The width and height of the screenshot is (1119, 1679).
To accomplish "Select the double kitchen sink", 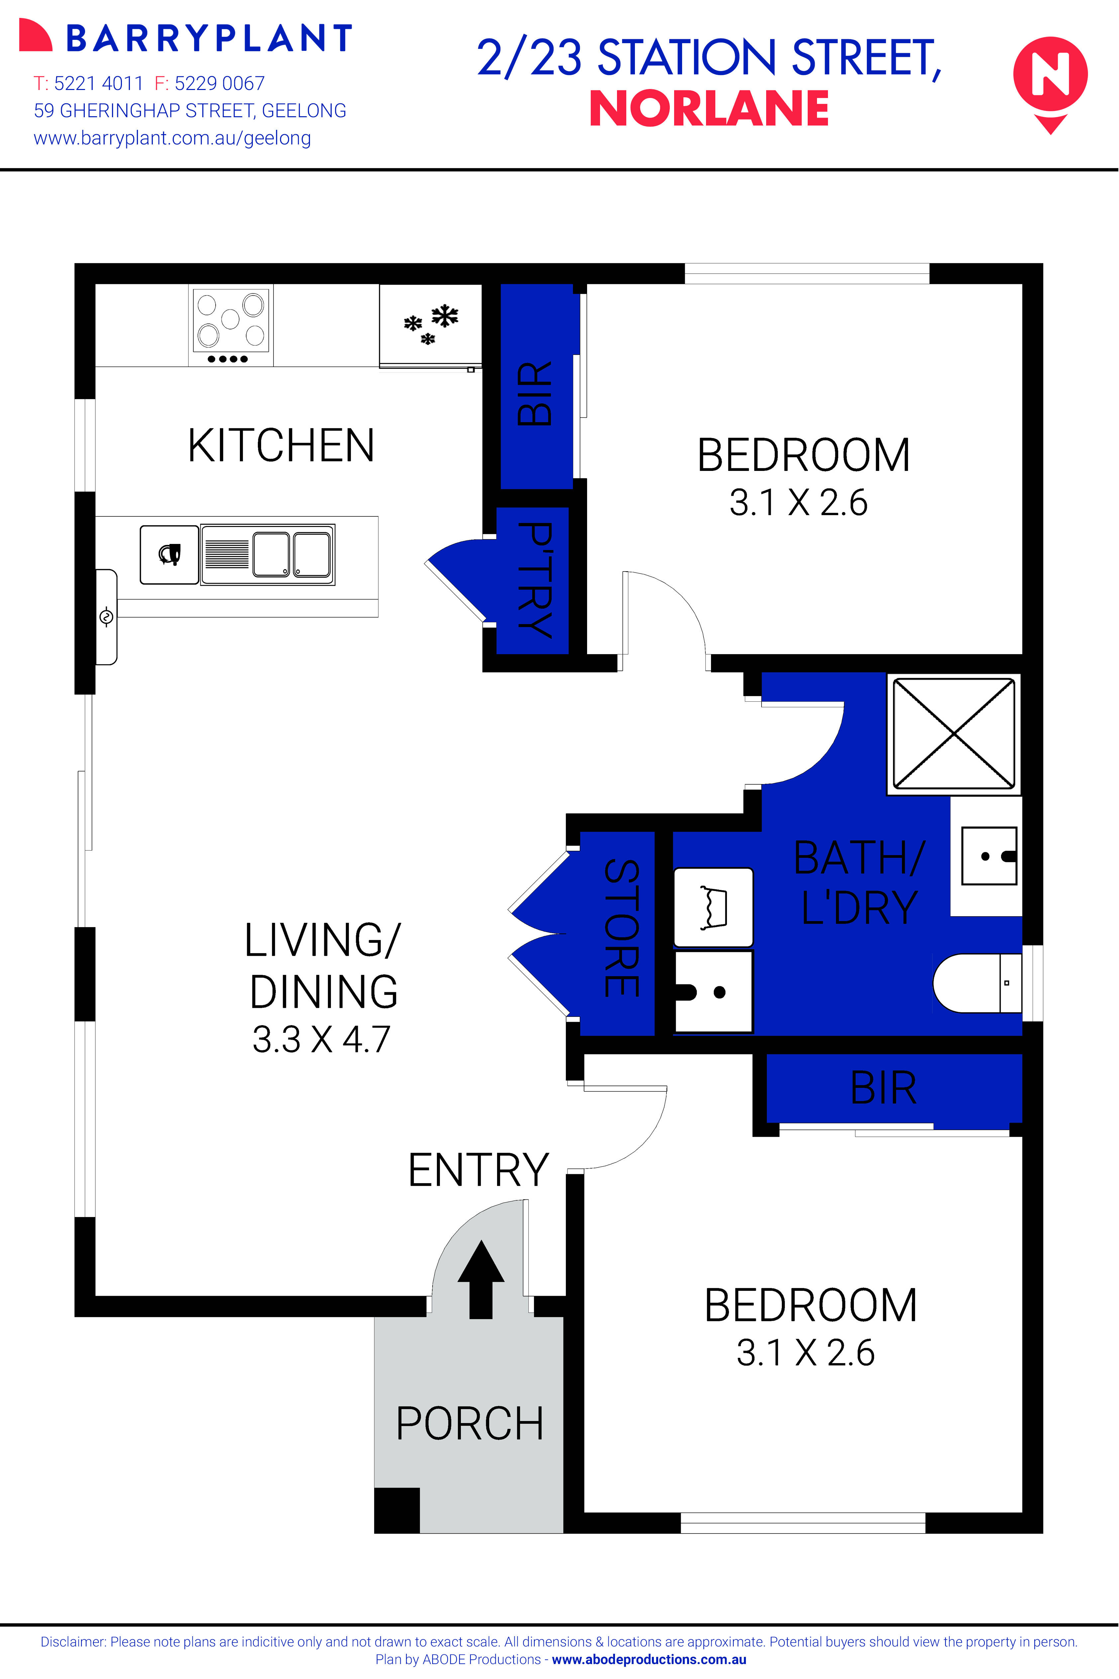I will [x=267, y=555].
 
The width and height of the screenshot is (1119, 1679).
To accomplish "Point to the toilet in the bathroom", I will [x=976, y=983].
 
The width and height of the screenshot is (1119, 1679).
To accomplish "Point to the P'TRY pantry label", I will [x=534, y=579].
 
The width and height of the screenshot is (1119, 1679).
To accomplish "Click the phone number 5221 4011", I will [x=98, y=83].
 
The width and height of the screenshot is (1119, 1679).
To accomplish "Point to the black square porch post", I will [x=397, y=1510].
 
